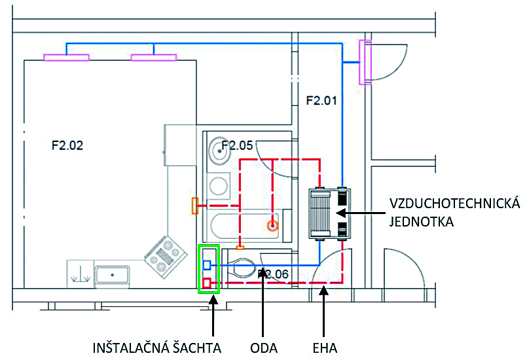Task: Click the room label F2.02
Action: click(67, 146)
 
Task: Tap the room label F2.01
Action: click(321, 100)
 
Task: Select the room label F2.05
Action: click(237, 145)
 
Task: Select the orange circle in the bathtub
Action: click(272, 226)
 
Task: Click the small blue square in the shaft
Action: click(207, 264)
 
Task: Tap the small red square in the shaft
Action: click(207, 283)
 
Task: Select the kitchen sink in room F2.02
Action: click(113, 275)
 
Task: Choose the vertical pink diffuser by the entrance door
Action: click(365, 62)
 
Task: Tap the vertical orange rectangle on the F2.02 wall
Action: click(194, 206)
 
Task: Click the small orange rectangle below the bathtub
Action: click(240, 247)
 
